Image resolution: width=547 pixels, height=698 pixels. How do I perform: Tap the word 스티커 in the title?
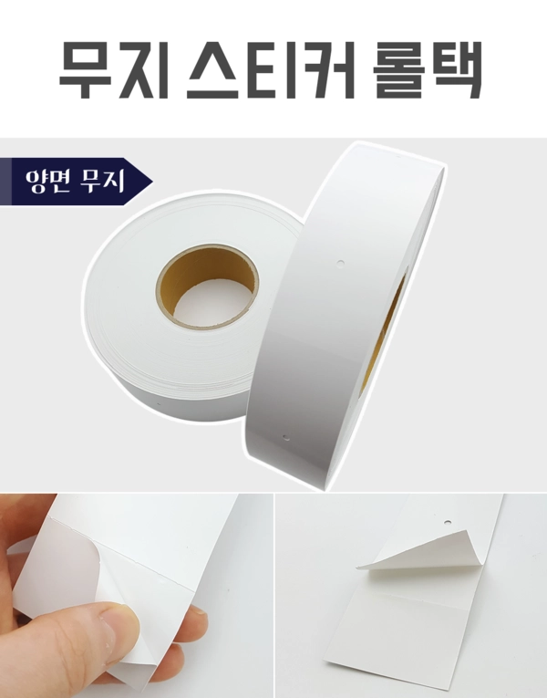269,69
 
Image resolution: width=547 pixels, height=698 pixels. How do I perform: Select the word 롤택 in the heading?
427,69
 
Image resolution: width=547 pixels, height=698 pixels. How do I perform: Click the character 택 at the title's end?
456,69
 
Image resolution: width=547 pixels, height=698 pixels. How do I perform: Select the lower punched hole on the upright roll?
284,438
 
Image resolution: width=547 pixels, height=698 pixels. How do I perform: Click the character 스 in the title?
218,69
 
